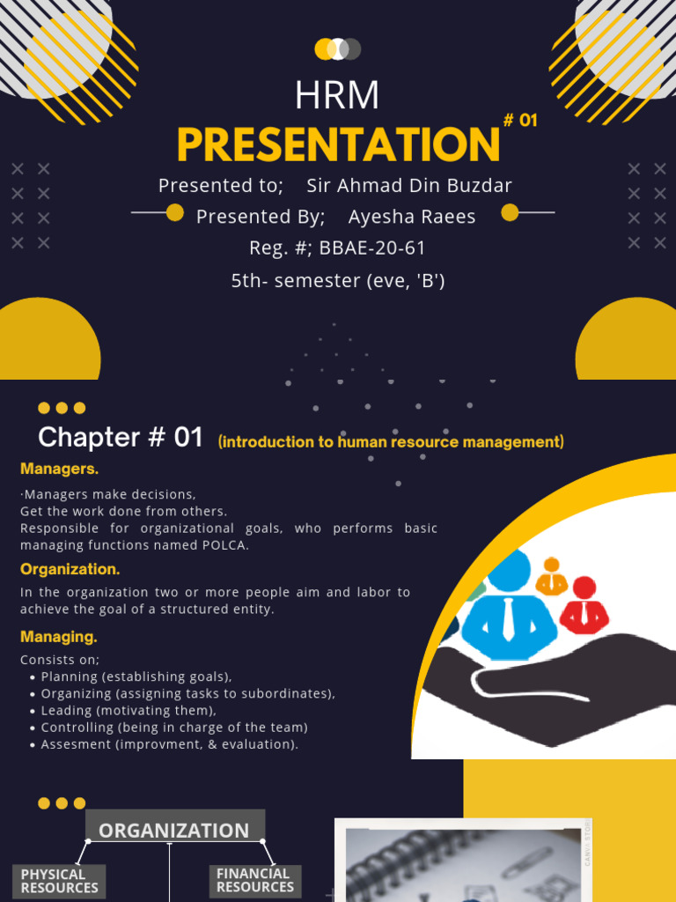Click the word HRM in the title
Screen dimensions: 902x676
pyautogui.click(x=337, y=95)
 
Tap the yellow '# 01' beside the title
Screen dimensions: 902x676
pyautogui.click(x=520, y=121)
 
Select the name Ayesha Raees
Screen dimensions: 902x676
pyautogui.click(x=412, y=217)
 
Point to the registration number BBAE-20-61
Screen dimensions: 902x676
pyautogui.click(x=372, y=248)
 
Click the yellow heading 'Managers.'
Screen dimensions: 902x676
pyautogui.click(x=60, y=469)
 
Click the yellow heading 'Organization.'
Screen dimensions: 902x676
pyautogui.click(x=70, y=570)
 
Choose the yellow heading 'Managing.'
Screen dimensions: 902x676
pyautogui.click(x=59, y=636)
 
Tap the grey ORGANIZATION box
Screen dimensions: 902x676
pyautogui.click(x=174, y=830)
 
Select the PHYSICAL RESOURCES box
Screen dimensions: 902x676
pyautogui.click(x=59, y=881)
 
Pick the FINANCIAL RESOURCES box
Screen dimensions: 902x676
pyautogui.click(x=254, y=880)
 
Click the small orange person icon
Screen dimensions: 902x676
pyautogui.click(x=552, y=577)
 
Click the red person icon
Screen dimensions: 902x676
pyautogui.click(x=584, y=605)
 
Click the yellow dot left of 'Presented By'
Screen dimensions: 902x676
pyautogui.click(x=175, y=212)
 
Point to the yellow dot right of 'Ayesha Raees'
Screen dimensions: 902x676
pyautogui.click(x=510, y=212)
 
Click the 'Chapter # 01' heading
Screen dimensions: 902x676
pyautogui.click(x=121, y=437)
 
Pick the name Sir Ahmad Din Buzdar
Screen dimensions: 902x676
pyautogui.click(x=409, y=186)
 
